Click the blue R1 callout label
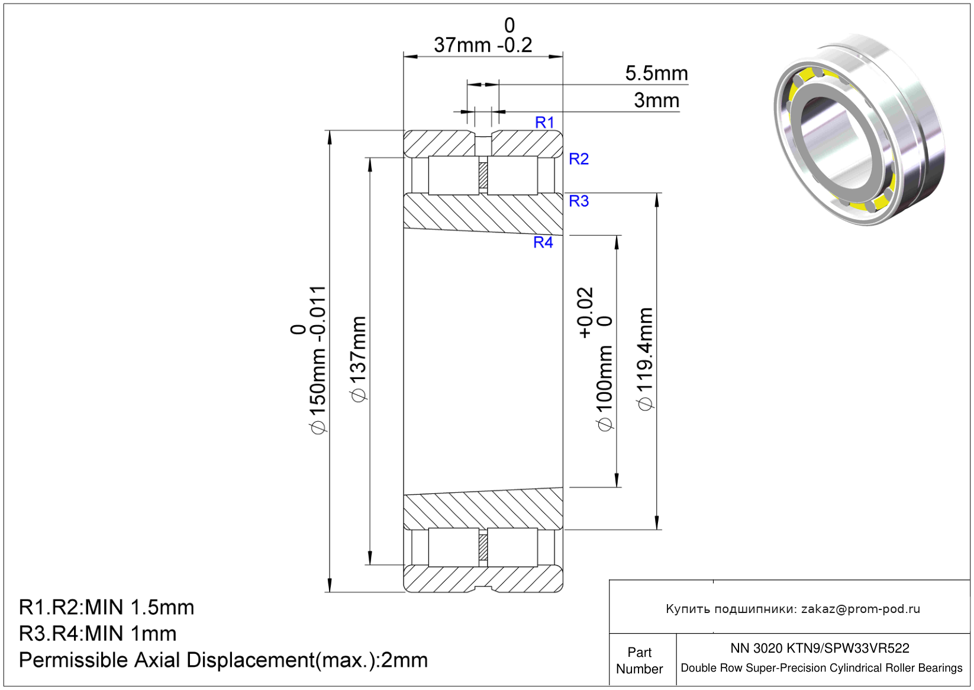click(544, 123)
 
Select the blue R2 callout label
click(579, 159)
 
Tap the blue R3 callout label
click(579, 201)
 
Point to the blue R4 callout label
click(543, 242)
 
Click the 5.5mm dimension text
click(657, 73)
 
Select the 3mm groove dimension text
click(657, 101)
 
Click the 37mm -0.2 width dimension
click(483, 45)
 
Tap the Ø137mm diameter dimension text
click(359, 360)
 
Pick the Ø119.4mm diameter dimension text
click(645, 359)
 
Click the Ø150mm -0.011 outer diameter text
click(317, 360)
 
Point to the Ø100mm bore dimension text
click(604, 388)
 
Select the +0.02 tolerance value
click(585, 313)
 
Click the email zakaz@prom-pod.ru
click(860, 609)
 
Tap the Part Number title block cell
click(639, 660)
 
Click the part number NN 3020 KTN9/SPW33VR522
click(820, 648)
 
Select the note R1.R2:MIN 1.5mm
click(107, 607)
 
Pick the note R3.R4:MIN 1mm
click(98, 633)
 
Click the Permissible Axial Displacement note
click(224, 660)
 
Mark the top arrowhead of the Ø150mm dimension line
click(330, 137)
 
